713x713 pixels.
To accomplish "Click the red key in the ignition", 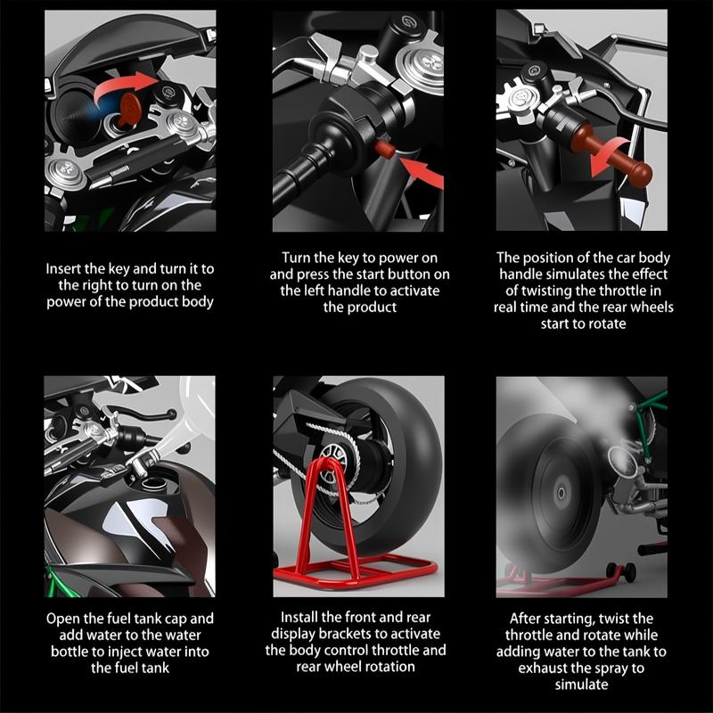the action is click(x=129, y=110).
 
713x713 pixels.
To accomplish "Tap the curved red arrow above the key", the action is click(x=123, y=86).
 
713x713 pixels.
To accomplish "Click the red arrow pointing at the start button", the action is click(x=422, y=172).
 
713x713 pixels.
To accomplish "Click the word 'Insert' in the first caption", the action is click(x=63, y=269).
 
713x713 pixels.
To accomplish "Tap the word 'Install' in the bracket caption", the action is click(x=299, y=617).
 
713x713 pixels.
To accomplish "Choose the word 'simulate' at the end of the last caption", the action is click(x=582, y=684).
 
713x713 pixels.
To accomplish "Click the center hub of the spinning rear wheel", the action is click(x=561, y=493).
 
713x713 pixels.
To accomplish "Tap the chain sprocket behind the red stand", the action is click(x=331, y=463).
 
